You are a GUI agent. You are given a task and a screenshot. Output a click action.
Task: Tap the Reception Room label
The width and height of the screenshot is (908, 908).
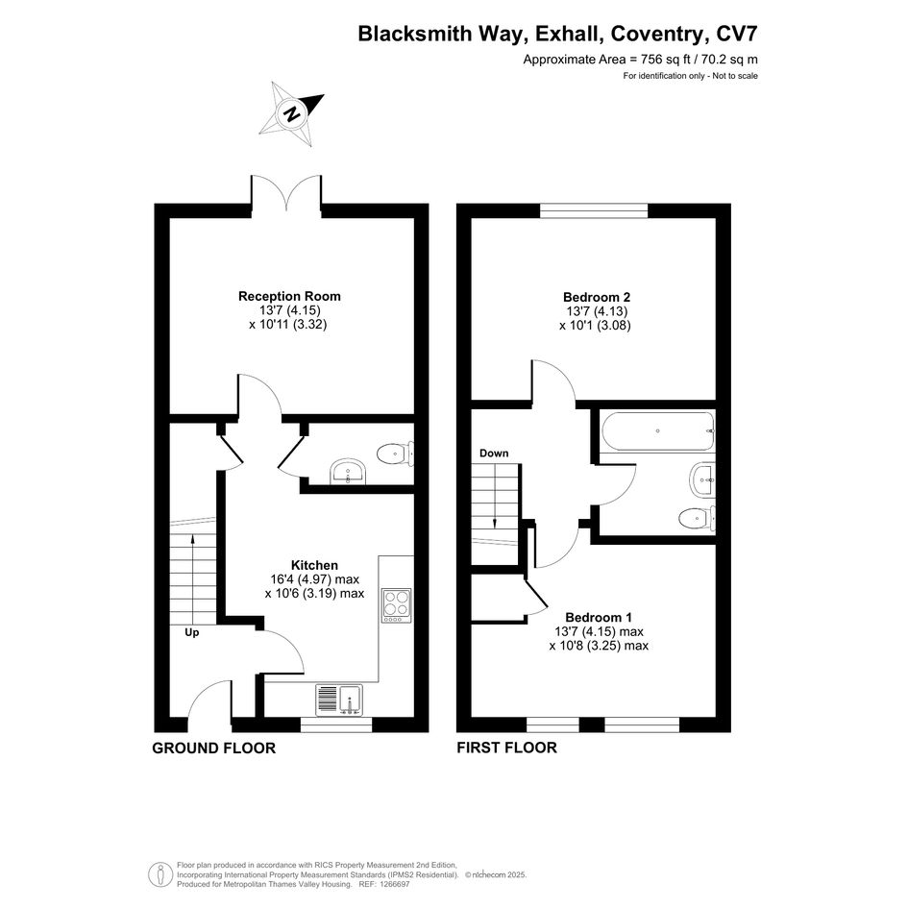(289, 297)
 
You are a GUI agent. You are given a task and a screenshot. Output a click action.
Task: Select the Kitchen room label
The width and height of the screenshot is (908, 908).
(314, 565)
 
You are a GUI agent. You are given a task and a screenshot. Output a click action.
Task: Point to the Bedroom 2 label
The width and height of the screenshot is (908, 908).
(597, 297)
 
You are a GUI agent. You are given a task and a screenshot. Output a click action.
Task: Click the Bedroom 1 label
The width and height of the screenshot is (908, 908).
(599, 617)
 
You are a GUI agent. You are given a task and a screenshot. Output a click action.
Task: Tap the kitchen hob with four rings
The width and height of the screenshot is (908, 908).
(397, 605)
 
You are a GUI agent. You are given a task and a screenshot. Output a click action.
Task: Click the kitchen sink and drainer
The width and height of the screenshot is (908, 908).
(339, 700)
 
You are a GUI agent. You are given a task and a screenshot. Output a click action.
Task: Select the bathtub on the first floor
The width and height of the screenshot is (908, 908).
(658, 431)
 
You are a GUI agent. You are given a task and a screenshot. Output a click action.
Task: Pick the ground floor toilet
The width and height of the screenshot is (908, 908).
(396, 454)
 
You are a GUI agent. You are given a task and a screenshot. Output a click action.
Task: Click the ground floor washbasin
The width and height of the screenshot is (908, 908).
(348, 472)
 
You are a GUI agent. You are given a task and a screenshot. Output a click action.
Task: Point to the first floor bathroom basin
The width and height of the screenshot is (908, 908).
(703, 479)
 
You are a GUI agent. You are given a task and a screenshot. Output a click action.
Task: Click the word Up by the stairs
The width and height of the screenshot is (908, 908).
(191, 633)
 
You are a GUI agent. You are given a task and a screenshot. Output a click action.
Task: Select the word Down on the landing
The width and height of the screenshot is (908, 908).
(494, 453)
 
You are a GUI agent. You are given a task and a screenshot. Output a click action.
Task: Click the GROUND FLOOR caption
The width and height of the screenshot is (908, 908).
(213, 748)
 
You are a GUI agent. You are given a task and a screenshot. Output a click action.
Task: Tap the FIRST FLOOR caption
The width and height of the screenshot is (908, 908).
(506, 748)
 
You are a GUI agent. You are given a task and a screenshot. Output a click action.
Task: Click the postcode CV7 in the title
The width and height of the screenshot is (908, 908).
(737, 34)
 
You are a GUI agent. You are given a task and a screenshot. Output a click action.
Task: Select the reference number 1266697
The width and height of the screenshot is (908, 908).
(393, 884)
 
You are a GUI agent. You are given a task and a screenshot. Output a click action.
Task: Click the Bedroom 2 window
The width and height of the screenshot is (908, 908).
(594, 210)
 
